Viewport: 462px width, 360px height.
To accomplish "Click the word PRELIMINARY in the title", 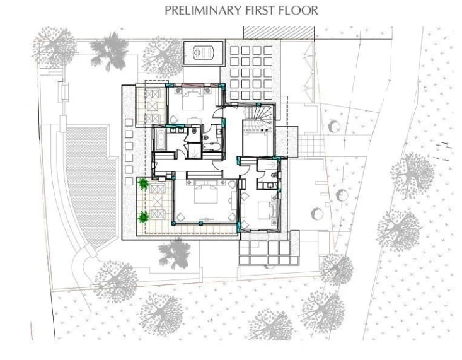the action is (x=204, y=11).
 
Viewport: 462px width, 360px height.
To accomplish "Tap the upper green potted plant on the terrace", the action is (x=144, y=184).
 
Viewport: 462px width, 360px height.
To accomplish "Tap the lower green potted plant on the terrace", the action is (x=144, y=217).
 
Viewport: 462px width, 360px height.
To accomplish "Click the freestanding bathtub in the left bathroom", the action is (x=160, y=139).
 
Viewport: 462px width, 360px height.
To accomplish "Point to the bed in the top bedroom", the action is (x=193, y=99).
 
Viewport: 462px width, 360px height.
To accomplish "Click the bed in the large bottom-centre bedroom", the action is (x=206, y=192).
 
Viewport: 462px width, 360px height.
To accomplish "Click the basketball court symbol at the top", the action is (x=204, y=53).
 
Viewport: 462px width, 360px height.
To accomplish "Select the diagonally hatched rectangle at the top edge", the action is (x=279, y=33).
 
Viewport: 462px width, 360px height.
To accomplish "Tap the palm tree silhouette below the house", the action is (x=175, y=254).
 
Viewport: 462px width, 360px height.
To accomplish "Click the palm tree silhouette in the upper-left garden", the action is (x=109, y=50).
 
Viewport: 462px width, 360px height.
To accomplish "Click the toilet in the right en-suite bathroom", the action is (x=274, y=175).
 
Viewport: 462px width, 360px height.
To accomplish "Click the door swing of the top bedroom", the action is (x=217, y=113).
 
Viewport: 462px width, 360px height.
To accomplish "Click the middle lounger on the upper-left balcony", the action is (x=153, y=106).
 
